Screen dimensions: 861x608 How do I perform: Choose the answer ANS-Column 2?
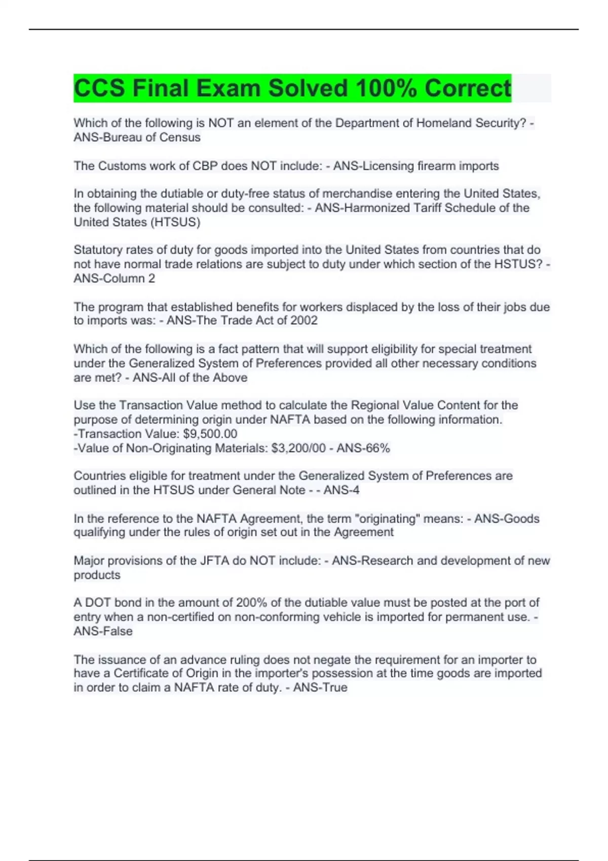(115, 278)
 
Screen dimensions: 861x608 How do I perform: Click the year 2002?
(304, 320)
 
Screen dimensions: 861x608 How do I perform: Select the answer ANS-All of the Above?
(190, 377)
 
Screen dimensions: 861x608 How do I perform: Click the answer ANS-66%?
(363, 448)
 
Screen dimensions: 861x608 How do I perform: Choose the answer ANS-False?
(103, 631)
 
